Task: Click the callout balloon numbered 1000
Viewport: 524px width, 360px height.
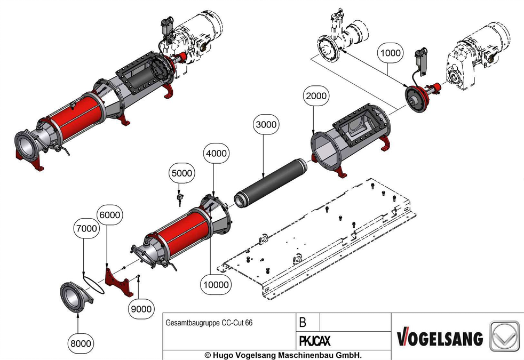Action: (x=390, y=53)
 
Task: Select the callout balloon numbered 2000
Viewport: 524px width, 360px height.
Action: (x=316, y=96)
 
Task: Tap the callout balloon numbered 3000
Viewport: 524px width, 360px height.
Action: (x=266, y=125)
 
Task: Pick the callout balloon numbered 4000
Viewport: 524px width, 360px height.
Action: (x=216, y=153)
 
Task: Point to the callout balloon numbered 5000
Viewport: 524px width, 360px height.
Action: (x=182, y=173)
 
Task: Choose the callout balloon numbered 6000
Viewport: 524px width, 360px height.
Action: (x=109, y=215)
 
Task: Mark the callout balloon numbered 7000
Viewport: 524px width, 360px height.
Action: (x=86, y=228)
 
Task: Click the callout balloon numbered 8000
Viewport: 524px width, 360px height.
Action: (x=81, y=343)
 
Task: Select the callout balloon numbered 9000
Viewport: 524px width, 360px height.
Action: (x=141, y=309)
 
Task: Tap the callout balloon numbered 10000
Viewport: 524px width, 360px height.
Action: (x=216, y=285)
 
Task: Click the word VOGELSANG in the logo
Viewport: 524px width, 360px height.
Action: (x=440, y=338)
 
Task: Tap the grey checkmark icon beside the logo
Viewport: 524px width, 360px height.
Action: (x=505, y=336)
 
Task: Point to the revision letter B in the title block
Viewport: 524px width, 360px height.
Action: (x=303, y=322)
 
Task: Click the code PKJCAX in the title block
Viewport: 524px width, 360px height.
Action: (x=314, y=341)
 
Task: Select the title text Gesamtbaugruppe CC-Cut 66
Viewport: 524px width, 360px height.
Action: (x=209, y=323)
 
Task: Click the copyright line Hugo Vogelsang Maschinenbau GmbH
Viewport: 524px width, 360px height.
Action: (x=283, y=355)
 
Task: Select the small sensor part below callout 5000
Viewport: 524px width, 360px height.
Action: (x=180, y=198)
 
